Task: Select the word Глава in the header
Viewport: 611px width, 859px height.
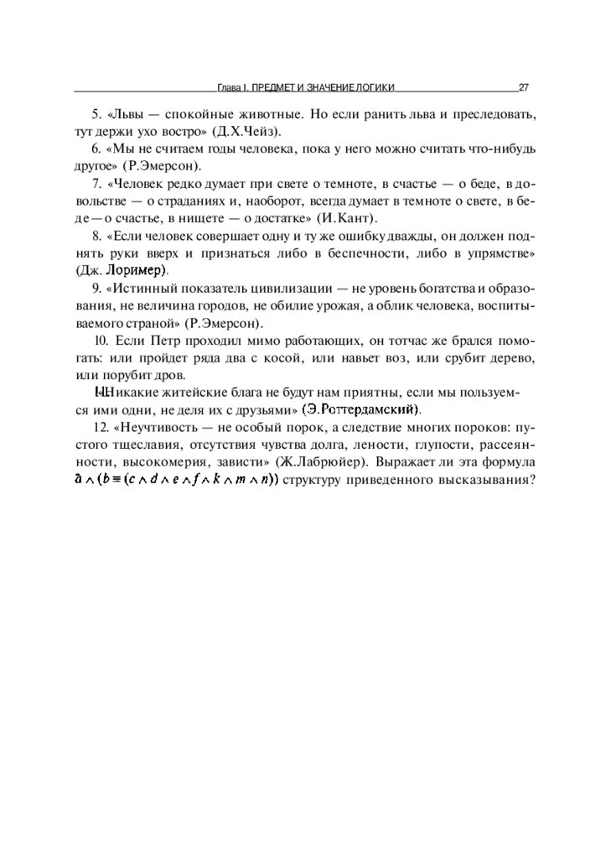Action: [230, 86]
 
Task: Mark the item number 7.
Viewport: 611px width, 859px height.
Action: [96, 183]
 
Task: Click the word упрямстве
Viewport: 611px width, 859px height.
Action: [498, 252]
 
